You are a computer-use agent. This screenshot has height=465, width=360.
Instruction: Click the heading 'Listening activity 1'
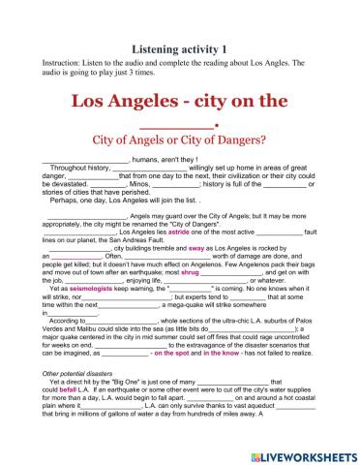click(179, 47)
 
